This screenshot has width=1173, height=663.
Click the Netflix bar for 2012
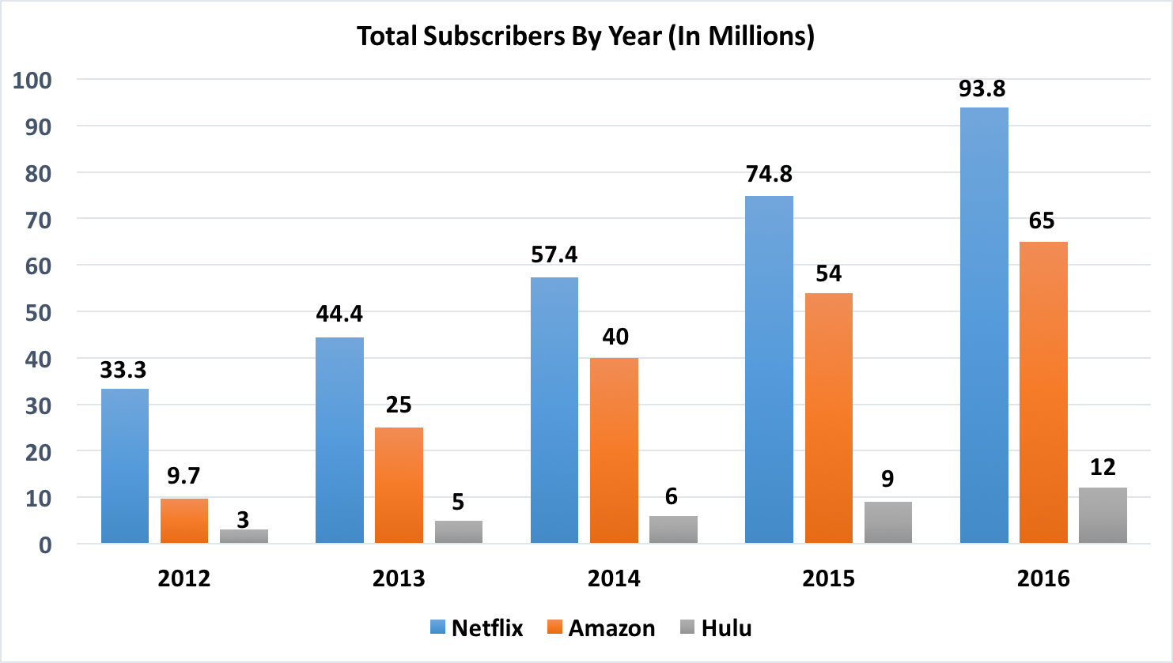pos(125,466)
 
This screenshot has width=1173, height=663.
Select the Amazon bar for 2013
pos(399,485)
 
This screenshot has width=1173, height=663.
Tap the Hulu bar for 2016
pos(1103,515)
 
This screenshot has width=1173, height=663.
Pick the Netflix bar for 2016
pos(984,325)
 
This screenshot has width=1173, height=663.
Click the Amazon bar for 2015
pos(829,418)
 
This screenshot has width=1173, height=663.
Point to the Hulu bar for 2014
pos(673,529)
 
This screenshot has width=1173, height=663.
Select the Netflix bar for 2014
pos(554,410)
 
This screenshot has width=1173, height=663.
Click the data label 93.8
pos(982,89)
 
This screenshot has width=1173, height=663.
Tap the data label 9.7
pos(184,476)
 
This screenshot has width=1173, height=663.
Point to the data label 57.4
pos(554,254)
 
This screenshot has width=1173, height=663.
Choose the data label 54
pos(829,273)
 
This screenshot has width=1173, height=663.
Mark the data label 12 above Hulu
pos(1103,467)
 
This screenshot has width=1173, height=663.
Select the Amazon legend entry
pos(601,628)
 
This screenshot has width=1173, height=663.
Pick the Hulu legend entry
pos(716,628)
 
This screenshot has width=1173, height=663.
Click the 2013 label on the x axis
pos(399,578)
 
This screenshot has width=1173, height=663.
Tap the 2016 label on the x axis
pos(1043,578)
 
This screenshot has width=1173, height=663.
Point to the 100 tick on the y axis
pos(32,80)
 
